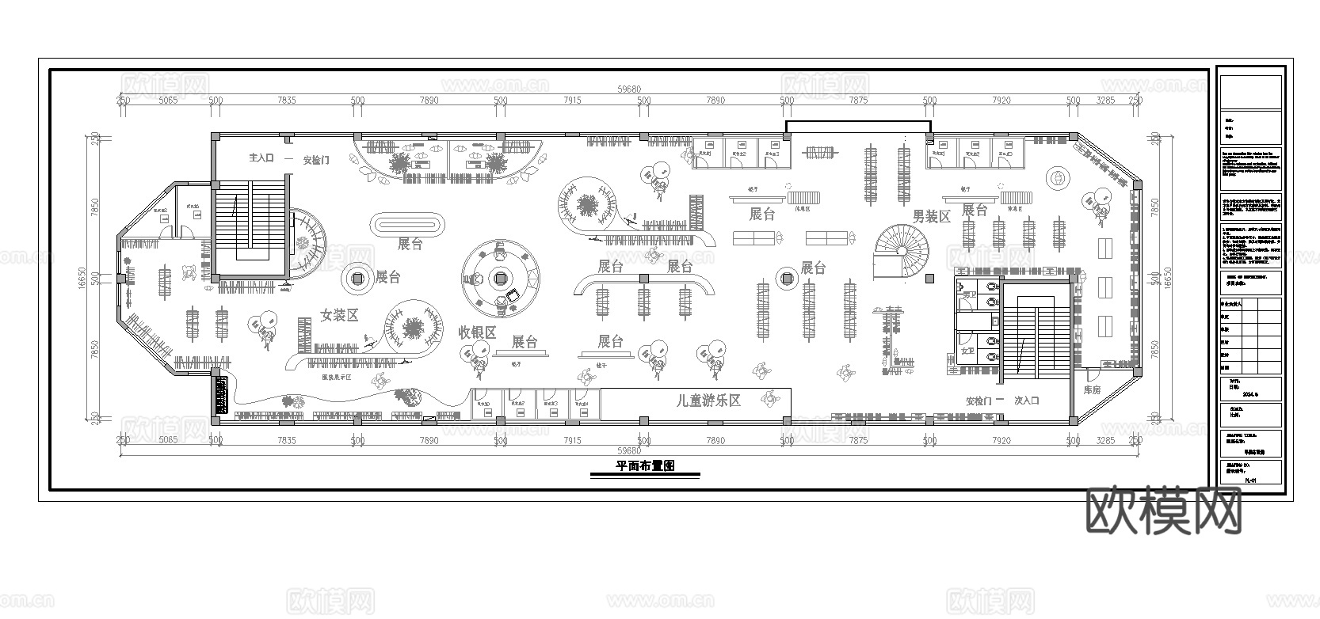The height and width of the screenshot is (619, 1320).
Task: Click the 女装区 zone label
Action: (339, 315)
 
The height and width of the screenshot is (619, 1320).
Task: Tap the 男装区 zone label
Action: (931, 216)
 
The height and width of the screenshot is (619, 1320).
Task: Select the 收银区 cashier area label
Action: (477, 332)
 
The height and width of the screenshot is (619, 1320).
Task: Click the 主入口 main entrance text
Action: (261, 158)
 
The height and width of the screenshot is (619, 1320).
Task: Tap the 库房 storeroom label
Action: (1093, 390)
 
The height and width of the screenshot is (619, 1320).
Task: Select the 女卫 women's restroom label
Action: (967, 350)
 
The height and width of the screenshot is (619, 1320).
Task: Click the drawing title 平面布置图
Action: (645, 466)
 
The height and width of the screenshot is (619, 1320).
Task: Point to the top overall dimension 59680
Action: (629, 89)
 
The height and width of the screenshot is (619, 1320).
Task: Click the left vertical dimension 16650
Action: (93, 279)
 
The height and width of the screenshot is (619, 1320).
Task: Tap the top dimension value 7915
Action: (571, 101)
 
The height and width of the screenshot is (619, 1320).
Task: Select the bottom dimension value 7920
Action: (1001, 440)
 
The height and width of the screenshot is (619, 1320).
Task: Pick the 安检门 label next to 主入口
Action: (316, 160)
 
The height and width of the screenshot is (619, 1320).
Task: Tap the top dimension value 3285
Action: (1104, 101)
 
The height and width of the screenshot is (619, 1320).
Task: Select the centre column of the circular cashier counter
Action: (500, 277)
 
